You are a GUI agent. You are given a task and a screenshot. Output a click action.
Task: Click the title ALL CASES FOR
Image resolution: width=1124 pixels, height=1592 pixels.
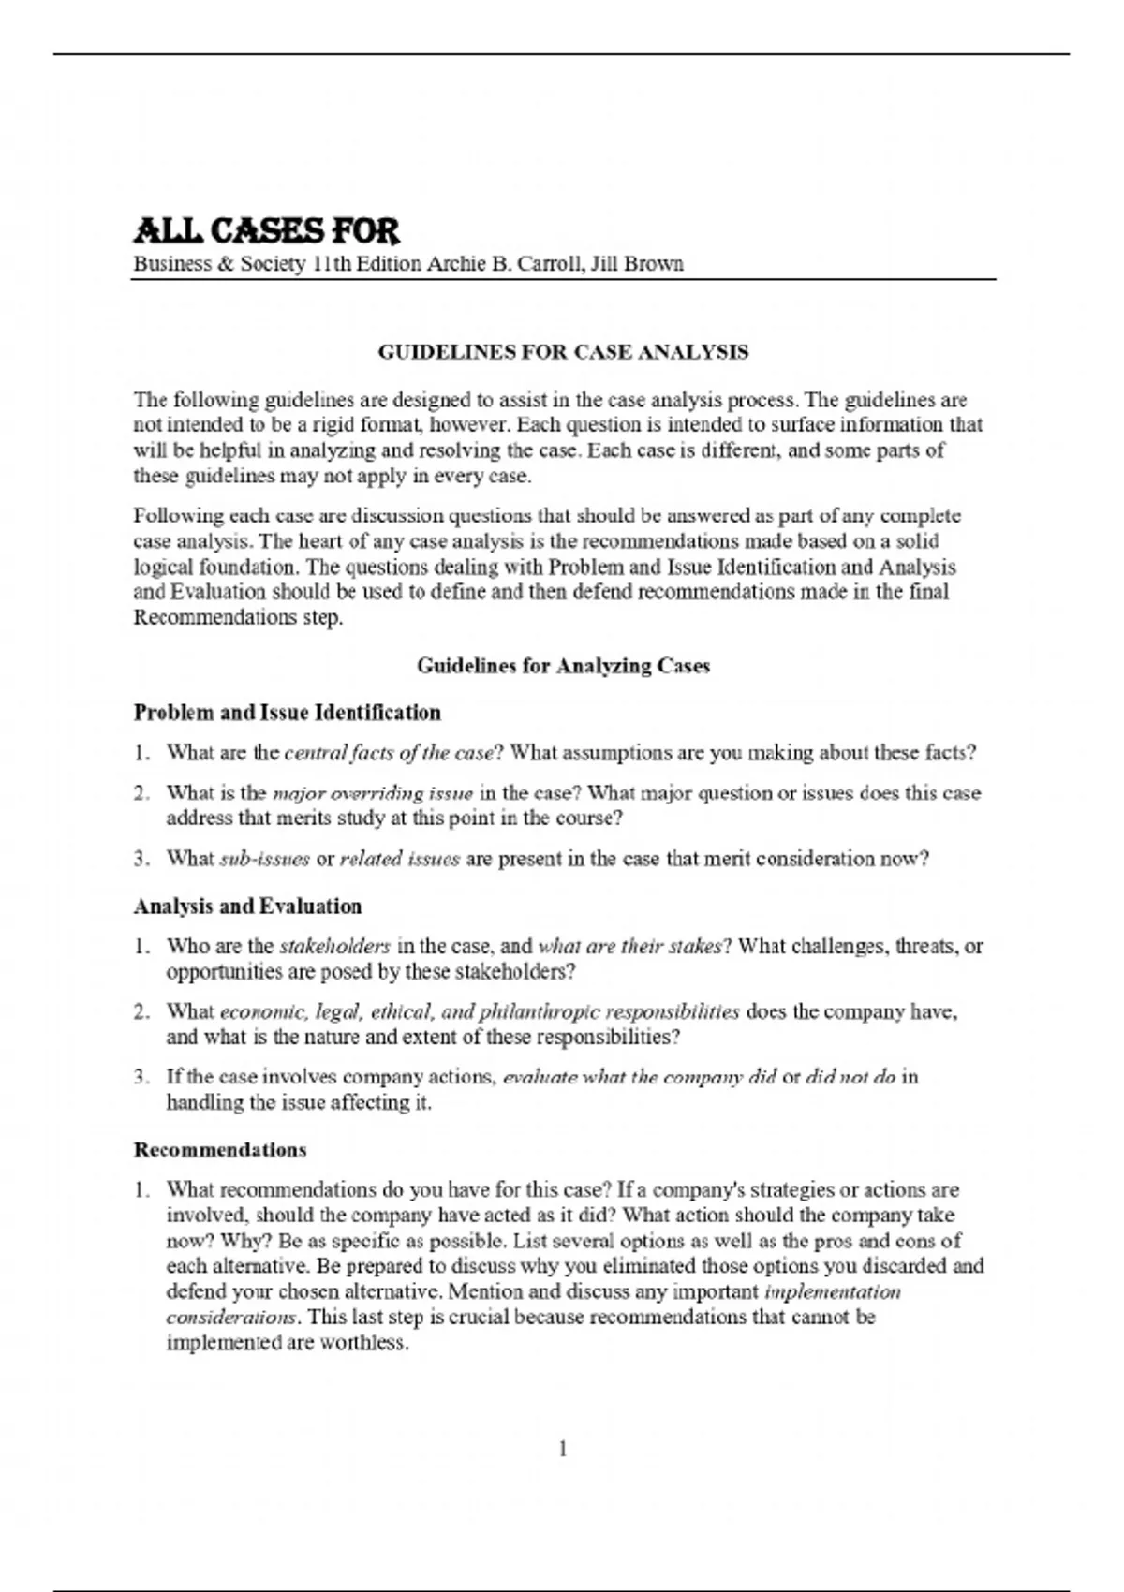(x=266, y=230)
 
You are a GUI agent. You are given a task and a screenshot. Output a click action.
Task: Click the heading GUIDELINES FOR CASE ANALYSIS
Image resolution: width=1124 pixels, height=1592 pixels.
(x=563, y=352)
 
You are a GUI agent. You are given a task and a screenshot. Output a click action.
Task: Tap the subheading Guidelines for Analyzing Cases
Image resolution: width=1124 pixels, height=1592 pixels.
(x=563, y=666)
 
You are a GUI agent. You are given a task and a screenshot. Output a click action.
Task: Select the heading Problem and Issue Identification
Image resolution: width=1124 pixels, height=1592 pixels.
(x=287, y=713)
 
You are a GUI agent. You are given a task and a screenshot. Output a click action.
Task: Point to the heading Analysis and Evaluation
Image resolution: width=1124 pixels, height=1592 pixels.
(x=247, y=907)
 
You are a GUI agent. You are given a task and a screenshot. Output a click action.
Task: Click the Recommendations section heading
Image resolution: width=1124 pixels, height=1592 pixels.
(x=220, y=1150)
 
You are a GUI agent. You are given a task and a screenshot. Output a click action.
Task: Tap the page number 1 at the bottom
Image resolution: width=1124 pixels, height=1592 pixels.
(x=563, y=1449)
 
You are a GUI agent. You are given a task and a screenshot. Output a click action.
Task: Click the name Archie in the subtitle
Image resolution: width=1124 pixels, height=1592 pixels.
(x=453, y=264)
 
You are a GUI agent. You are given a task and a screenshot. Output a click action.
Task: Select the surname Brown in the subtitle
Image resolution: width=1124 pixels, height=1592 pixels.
(x=654, y=264)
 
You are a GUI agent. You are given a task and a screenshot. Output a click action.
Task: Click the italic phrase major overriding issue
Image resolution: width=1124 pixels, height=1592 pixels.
(x=372, y=794)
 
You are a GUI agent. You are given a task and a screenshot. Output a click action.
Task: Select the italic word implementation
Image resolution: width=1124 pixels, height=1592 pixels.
(x=833, y=1292)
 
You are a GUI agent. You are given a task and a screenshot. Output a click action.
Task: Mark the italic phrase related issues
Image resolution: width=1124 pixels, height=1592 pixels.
(x=399, y=860)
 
